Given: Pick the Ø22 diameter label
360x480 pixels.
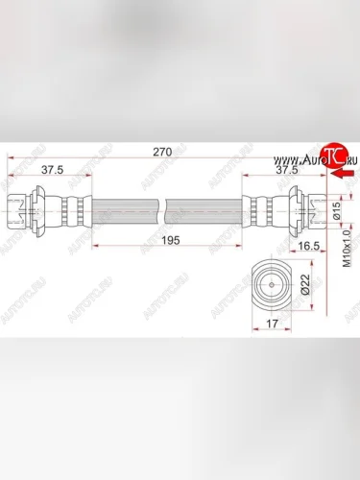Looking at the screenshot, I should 305,285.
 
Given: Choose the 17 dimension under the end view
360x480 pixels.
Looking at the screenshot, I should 274,324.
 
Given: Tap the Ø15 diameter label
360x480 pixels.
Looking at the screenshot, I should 334,212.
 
